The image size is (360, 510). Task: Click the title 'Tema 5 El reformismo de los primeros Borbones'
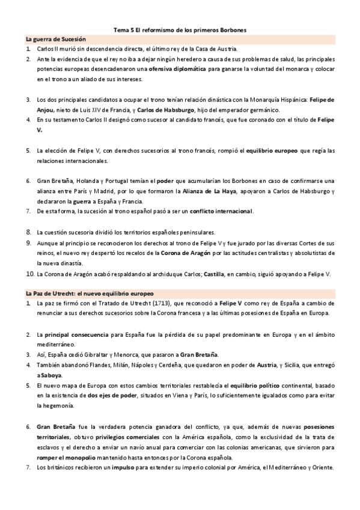180,29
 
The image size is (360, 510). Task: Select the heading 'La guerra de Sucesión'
52,38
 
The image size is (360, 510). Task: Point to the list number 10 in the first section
29,274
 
